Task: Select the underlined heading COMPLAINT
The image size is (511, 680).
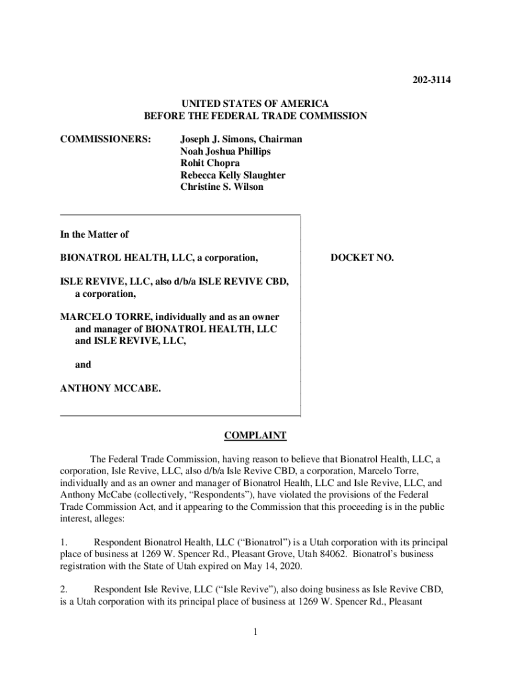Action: (x=255, y=436)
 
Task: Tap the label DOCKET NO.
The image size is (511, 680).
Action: (x=362, y=257)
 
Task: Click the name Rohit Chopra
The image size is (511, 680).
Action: (x=210, y=163)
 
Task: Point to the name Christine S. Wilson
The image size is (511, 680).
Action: (x=222, y=187)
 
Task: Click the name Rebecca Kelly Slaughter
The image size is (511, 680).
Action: (x=233, y=175)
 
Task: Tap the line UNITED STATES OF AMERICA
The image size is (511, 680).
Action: (x=256, y=104)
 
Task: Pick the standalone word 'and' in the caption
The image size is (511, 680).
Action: (x=83, y=365)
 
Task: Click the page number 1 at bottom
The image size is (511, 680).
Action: (x=255, y=632)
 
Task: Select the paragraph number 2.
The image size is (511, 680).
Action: (x=64, y=589)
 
